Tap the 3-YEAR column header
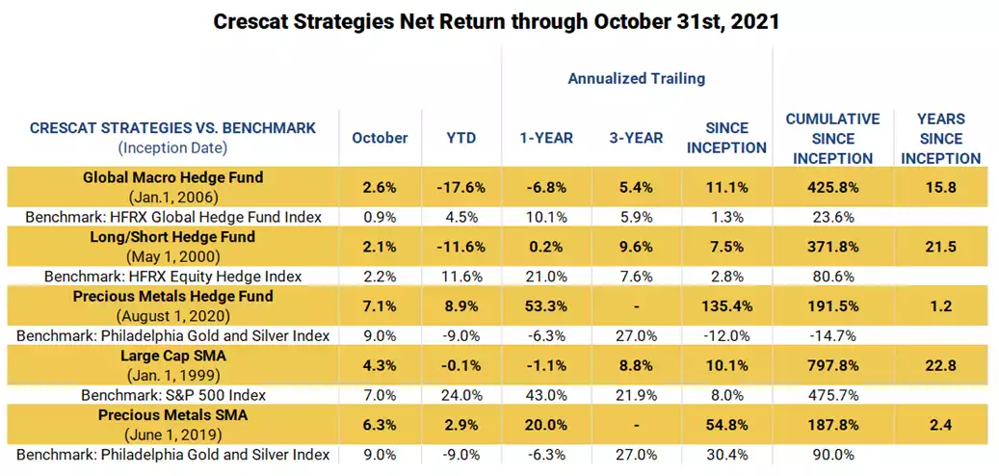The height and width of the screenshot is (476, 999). click(x=637, y=138)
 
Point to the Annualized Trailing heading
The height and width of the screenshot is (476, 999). click(x=637, y=78)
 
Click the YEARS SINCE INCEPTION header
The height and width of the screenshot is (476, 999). click(x=942, y=138)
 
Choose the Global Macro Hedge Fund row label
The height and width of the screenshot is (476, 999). click(x=173, y=177)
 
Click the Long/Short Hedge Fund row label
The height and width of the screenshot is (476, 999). click(x=173, y=237)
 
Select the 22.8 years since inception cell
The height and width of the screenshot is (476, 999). click(x=942, y=366)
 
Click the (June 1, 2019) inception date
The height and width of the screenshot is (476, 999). click(x=173, y=435)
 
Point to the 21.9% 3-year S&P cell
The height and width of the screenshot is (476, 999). click(x=637, y=395)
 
